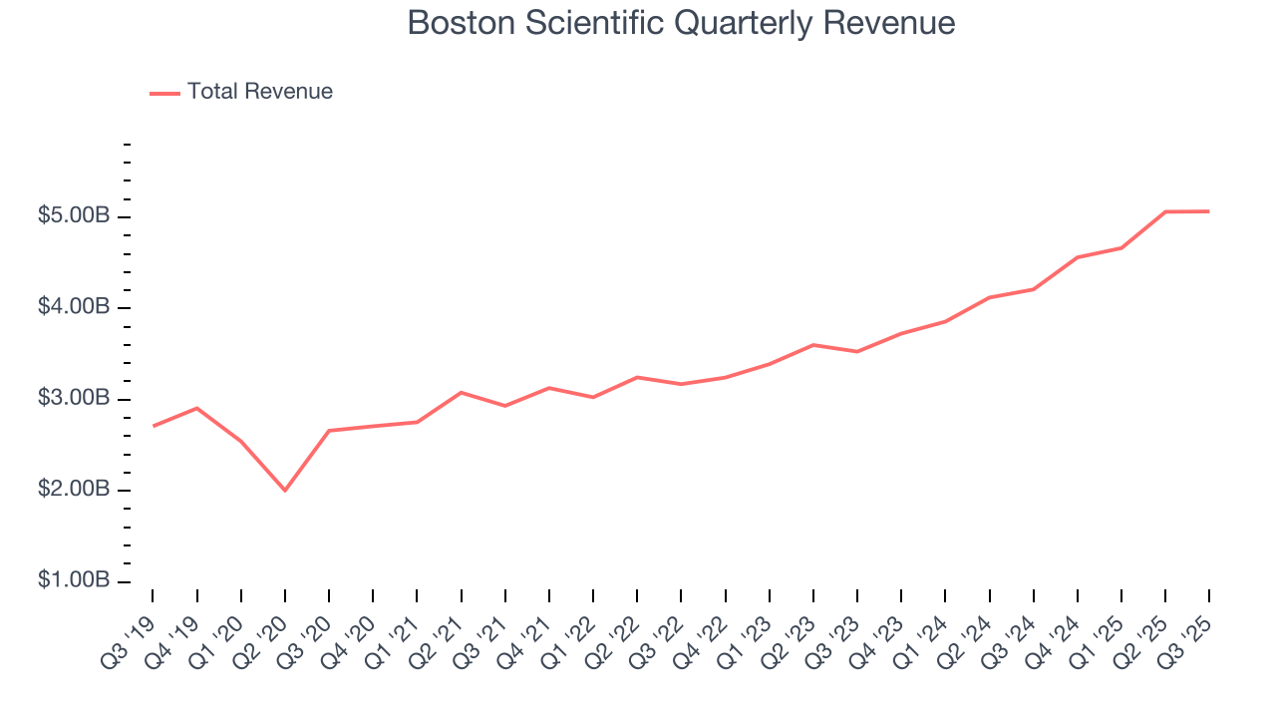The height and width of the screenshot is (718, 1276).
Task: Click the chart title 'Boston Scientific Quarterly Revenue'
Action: (681, 23)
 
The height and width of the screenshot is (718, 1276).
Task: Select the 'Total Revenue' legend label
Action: (259, 92)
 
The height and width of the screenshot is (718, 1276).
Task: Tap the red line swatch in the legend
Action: (164, 93)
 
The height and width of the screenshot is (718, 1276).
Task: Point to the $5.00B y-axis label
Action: (73, 216)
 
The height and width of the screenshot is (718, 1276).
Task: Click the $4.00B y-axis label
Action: (73, 307)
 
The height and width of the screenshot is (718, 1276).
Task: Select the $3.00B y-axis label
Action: (73, 399)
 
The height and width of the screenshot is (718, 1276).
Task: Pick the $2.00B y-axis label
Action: (73, 491)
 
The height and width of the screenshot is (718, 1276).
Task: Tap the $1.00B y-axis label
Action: (73, 581)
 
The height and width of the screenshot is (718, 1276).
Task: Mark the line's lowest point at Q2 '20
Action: (285, 491)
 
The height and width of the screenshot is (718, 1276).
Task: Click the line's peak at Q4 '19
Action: (196, 408)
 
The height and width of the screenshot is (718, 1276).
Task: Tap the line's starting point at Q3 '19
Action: (153, 426)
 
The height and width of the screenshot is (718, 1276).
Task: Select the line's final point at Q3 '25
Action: (1209, 211)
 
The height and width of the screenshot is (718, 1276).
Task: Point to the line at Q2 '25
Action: (1165, 211)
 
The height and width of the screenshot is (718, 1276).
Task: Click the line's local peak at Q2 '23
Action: (813, 345)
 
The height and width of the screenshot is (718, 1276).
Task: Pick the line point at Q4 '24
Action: (1078, 257)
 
